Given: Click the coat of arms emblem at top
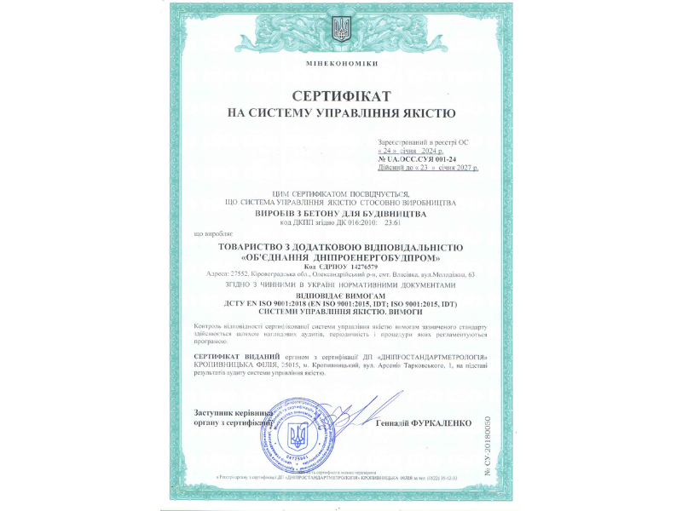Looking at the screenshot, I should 341,29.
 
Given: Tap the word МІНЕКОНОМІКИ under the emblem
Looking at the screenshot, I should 341,65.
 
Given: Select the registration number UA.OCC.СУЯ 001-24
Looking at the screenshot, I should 421,159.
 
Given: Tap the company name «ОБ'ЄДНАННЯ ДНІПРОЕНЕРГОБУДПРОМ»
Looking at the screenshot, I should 341,256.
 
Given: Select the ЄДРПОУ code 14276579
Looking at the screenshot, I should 365,266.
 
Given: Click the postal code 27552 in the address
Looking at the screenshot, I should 238,274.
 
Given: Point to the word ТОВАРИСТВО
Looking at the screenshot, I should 251,247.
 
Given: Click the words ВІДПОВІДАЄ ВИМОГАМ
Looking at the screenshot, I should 341,294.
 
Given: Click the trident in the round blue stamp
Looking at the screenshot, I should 298,438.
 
